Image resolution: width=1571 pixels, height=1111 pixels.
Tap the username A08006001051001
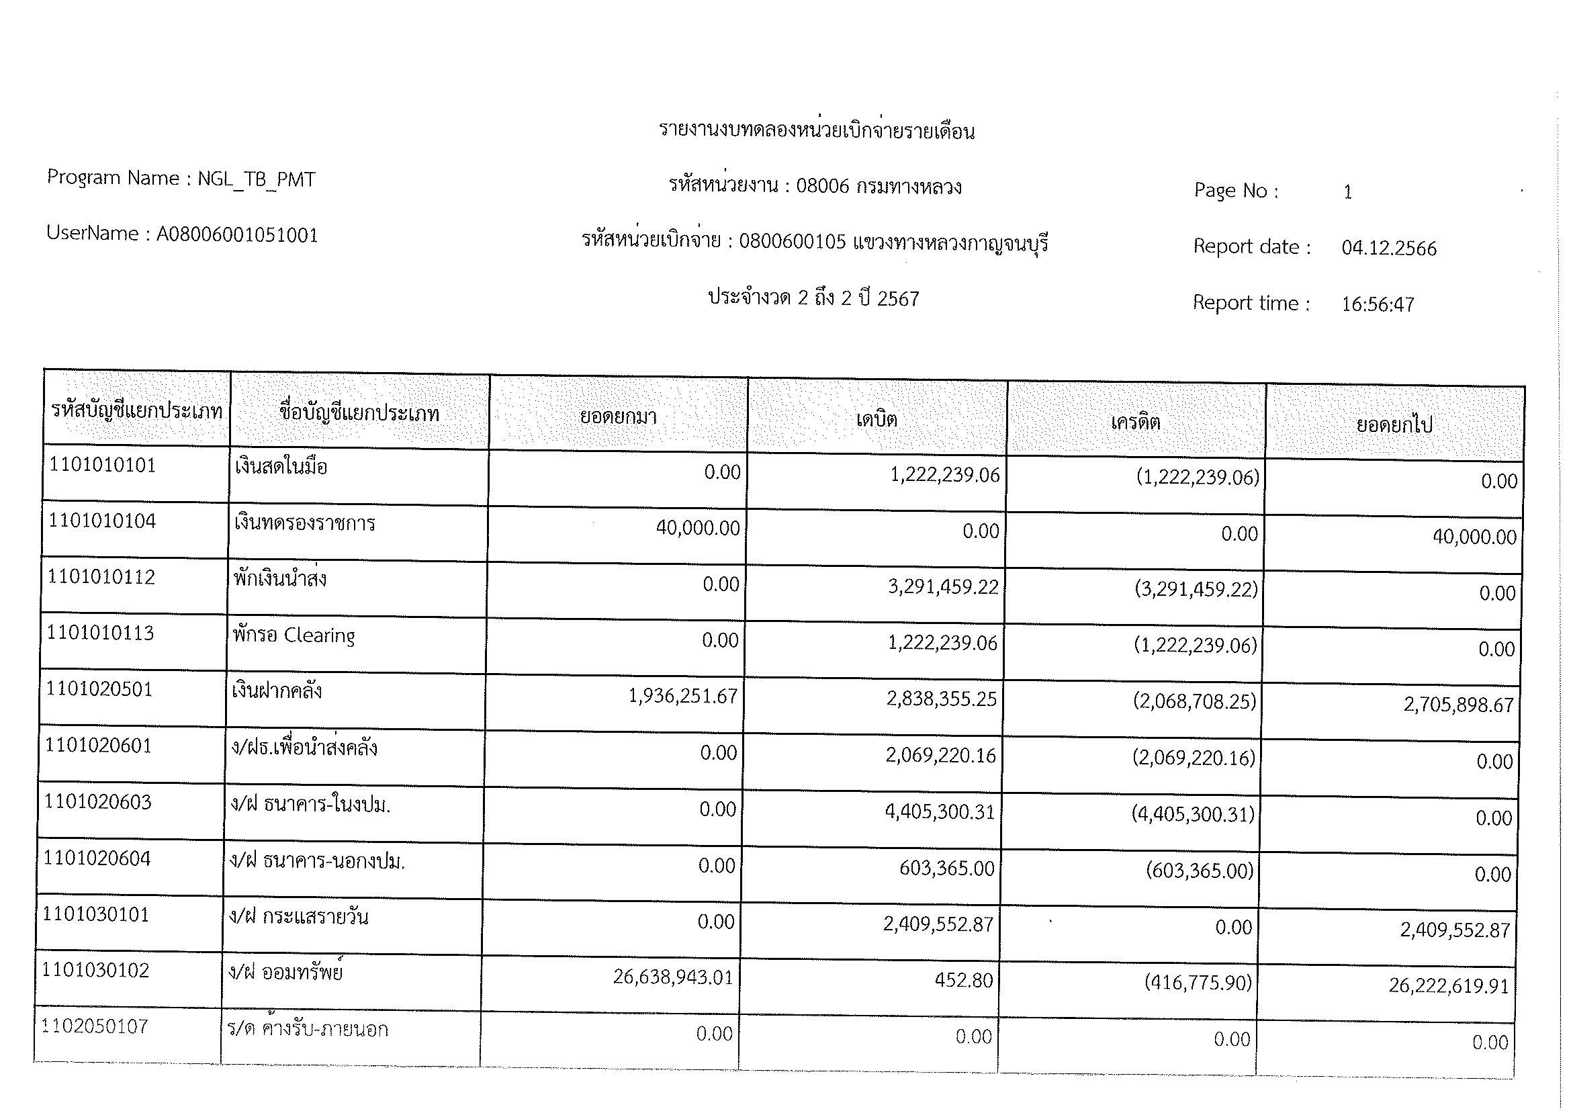tap(236, 234)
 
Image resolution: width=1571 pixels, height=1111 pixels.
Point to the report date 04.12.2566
tap(1388, 248)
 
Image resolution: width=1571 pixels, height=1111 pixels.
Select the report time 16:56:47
tap(1378, 304)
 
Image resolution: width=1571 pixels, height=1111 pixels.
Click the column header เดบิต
tap(877, 418)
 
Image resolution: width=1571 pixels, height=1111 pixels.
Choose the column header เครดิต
tap(1135, 421)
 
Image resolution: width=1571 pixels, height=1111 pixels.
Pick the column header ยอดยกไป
tap(1394, 425)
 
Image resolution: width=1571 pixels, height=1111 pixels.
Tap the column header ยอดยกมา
tap(618, 416)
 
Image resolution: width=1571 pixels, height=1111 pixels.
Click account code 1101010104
tap(102, 521)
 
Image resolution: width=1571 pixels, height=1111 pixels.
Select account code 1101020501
tap(99, 689)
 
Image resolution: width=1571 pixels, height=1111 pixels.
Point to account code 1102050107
tap(95, 1026)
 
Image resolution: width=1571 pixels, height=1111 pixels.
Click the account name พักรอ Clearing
tap(294, 635)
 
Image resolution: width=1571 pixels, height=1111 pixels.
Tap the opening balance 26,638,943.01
tap(672, 977)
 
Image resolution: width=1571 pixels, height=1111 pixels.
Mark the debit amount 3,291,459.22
tap(943, 587)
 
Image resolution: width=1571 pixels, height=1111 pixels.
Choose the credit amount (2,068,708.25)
tap(1195, 701)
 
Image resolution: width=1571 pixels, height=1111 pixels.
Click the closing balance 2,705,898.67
tap(1458, 705)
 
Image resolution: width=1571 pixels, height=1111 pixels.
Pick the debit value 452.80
tap(963, 980)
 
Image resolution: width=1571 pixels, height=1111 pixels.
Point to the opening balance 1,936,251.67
tap(683, 697)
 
